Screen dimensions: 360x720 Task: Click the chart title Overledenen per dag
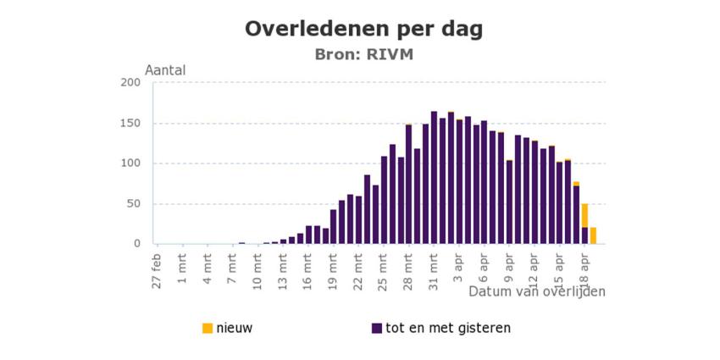pos(364,29)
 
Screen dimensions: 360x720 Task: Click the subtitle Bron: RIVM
pos(364,54)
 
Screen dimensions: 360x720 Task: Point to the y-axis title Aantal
pos(166,70)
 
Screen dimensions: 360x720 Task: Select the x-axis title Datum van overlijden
pos(537,291)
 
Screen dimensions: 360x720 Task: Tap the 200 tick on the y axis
pos(130,82)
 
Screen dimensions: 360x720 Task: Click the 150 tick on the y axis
pos(130,123)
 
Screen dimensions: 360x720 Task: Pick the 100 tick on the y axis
pos(130,163)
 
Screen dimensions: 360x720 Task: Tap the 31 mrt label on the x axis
pos(434,269)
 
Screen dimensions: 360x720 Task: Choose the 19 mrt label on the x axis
pos(334,269)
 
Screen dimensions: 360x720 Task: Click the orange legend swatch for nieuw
pos(208,328)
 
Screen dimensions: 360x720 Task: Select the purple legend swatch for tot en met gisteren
pos(377,328)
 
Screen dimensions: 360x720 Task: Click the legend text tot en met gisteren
pos(447,328)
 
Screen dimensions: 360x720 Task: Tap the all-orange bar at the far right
pos(593,235)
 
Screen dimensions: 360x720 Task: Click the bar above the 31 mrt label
pos(434,178)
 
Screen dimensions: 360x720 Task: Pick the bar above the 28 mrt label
pos(408,185)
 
